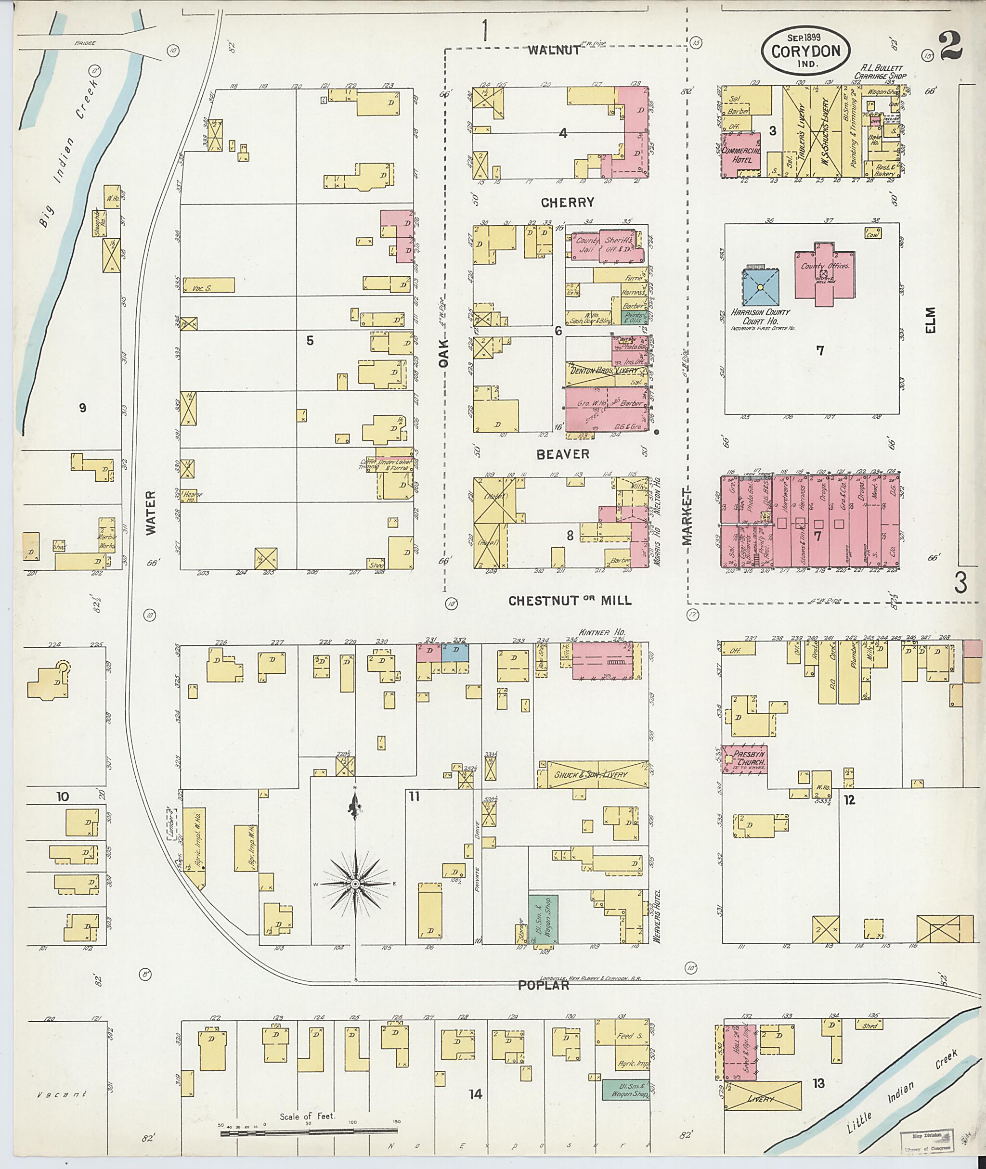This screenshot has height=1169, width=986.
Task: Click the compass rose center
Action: pos(355,884)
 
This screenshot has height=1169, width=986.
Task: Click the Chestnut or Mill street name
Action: pos(570,601)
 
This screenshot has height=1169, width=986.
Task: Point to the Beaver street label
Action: pos(563,454)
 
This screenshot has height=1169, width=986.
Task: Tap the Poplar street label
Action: pos(543,985)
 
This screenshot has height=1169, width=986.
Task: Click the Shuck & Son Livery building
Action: pos(591,774)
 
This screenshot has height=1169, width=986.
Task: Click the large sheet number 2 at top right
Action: pos(951,46)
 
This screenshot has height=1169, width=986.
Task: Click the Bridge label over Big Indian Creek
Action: pos(84,42)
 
